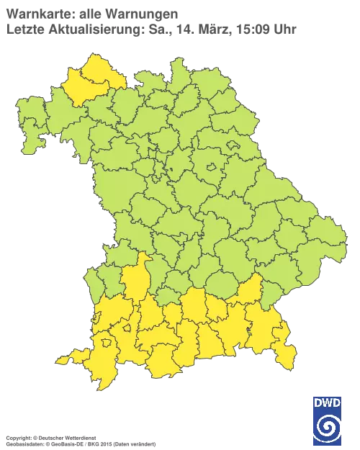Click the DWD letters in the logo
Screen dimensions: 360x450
tap(327, 404)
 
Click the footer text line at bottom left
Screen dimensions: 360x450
tap(79, 438)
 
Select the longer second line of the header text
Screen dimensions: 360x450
tap(151, 29)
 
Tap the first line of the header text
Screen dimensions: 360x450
tap(90, 13)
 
